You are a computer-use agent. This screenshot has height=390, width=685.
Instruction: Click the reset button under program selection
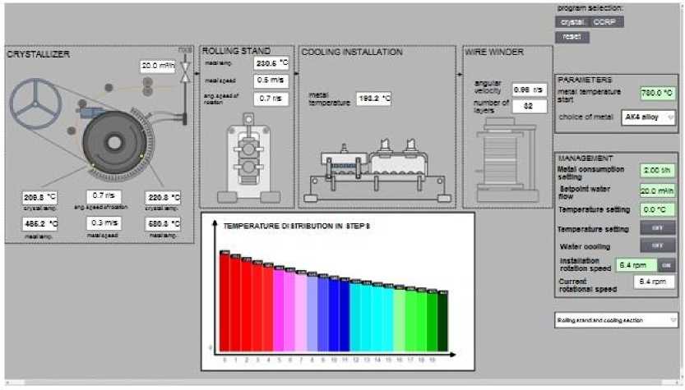point(568,37)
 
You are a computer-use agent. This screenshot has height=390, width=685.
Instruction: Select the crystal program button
point(572,22)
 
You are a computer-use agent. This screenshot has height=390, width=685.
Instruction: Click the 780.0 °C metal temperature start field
point(657,93)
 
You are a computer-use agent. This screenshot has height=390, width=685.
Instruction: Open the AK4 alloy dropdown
point(649,117)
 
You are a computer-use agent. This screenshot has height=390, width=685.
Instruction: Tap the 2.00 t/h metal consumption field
point(657,170)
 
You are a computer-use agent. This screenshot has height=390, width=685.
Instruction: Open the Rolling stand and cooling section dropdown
point(616,319)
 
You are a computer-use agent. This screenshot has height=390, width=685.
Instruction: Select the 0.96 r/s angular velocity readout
point(524,89)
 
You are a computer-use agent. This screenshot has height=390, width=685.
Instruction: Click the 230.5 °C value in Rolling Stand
point(271,63)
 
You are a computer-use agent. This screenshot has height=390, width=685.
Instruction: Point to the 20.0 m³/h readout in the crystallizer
point(158,66)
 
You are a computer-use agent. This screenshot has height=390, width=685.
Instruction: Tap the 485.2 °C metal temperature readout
point(40,223)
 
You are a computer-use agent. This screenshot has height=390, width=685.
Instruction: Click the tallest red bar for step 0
point(224,304)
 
